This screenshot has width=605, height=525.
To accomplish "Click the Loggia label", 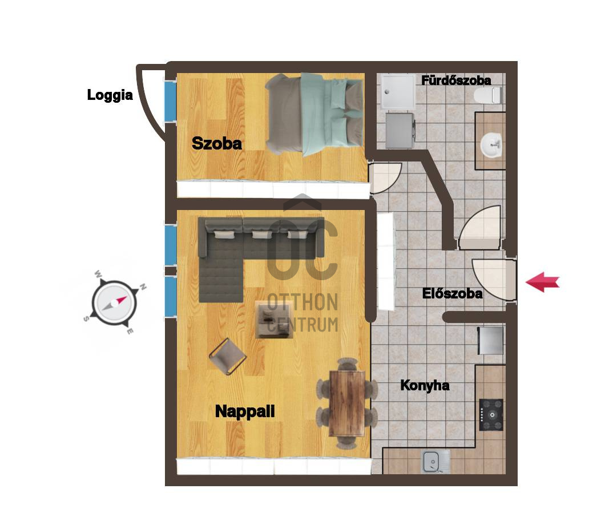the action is click(x=110, y=95).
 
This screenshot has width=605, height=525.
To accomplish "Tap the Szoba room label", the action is click(x=217, y=143).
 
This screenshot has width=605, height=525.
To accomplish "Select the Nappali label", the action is click(x=245, y=411).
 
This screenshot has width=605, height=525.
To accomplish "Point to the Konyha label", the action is click(x=425, y=385).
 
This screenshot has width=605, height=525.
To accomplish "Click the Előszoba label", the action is click(x=452, y=293).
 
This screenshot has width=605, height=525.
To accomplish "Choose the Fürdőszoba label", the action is click(x=456, y=80).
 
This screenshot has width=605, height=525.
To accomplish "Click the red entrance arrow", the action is click(x=542, y=282).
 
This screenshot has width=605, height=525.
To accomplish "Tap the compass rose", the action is click(x=115, y=302).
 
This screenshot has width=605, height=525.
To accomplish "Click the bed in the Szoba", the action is click(x=314, y=115).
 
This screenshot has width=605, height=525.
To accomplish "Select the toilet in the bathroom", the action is click(x=487, y=95).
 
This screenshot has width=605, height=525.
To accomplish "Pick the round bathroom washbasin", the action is click(x=491, y=145).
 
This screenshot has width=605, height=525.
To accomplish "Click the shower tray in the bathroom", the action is click(x=398, y=92).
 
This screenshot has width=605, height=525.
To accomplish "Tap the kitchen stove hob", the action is click(x=491, y=415).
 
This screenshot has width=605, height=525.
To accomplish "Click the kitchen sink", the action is click(x=435, y=462).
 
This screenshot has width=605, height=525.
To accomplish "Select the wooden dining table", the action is click(x=347, y=403).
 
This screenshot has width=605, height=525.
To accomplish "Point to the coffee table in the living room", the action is click(x=273, y=318).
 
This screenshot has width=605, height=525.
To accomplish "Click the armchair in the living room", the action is click(x=228, y=357).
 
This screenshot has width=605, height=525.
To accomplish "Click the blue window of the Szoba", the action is click(x=170, y=101).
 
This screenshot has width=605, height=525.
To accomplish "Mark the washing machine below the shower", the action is click(x=400, y=130).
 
